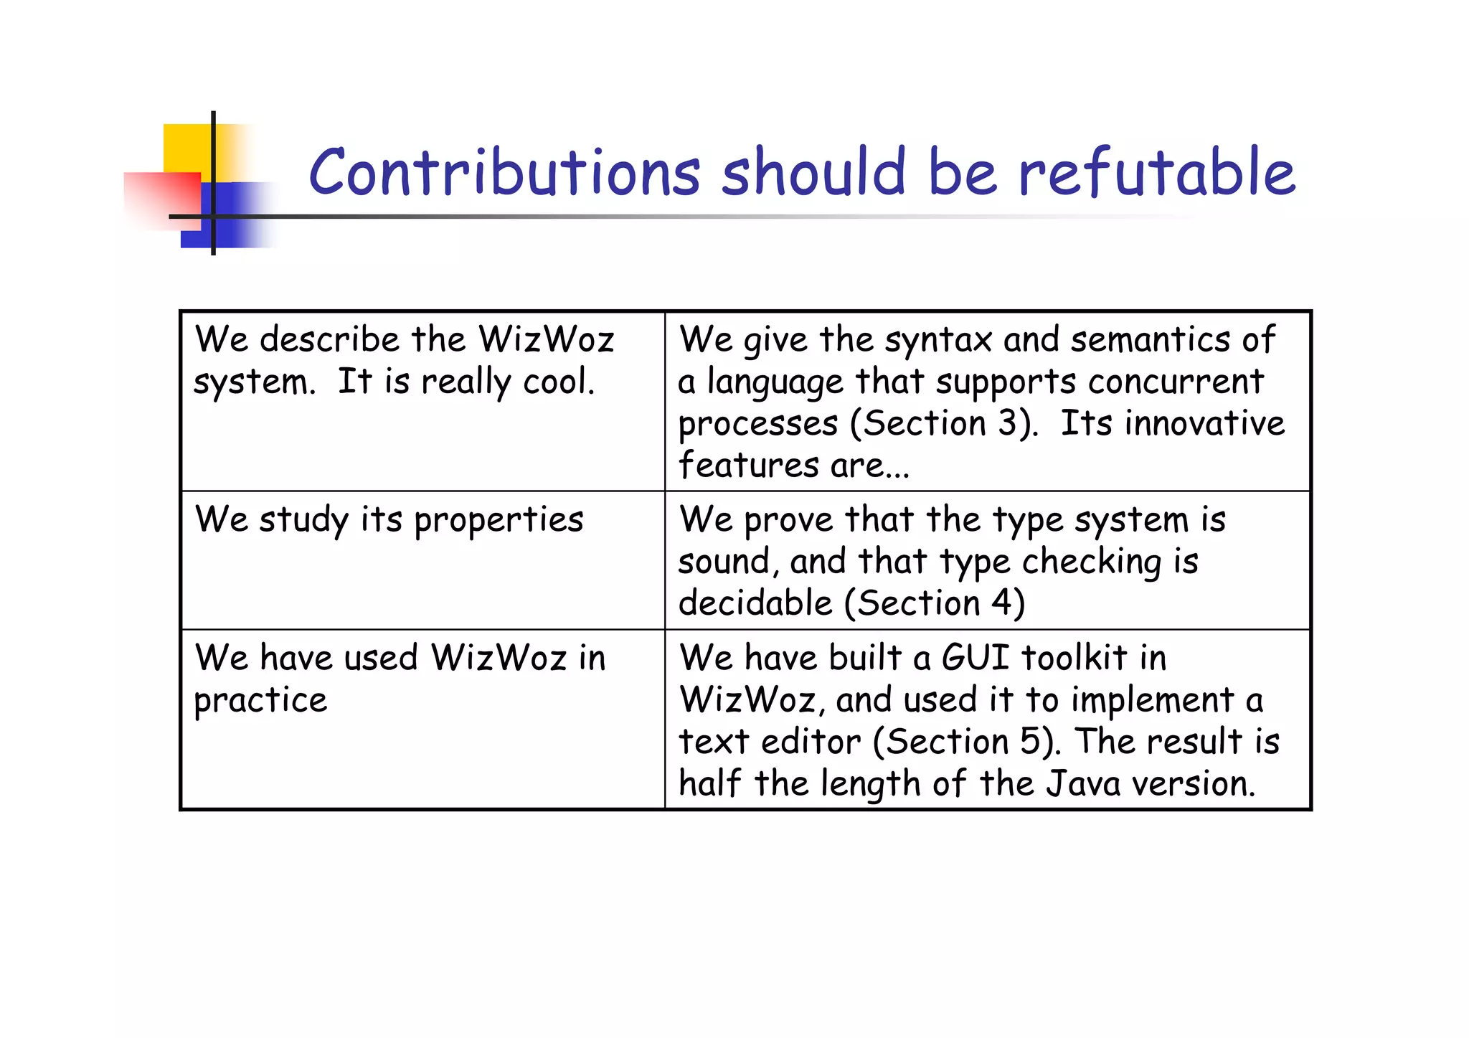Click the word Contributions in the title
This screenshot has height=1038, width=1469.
(x=504, y=172)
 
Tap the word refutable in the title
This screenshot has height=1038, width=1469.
(x=1156, y=172)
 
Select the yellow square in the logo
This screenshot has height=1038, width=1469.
(x=188, y=147)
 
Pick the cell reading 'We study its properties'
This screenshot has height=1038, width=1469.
(x=389, y=520)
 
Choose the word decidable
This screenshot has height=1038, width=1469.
(x=755, y=603)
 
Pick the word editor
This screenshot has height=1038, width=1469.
(x=810, y=742)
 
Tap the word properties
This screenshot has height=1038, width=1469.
(x=499, y=520)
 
